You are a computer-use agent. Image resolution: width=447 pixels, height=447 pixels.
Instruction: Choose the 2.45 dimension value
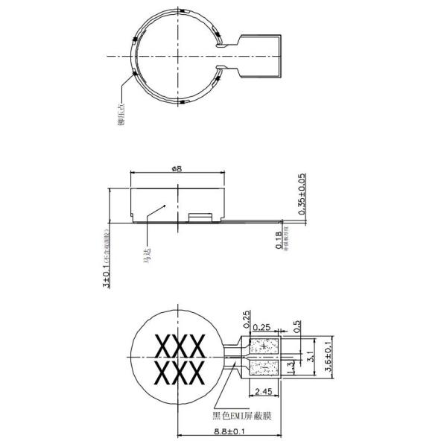pos(263,391)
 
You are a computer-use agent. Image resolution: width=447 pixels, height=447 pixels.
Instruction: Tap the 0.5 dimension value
pos(297,326)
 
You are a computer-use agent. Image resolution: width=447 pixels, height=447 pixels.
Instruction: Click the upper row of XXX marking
pos(179,346)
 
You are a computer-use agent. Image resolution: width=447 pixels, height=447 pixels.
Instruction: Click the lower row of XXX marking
pos(179,372)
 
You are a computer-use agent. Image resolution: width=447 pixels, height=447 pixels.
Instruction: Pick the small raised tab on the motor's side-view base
pos(200,217)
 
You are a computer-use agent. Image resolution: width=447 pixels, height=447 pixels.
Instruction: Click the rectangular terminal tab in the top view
pos(261,55)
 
